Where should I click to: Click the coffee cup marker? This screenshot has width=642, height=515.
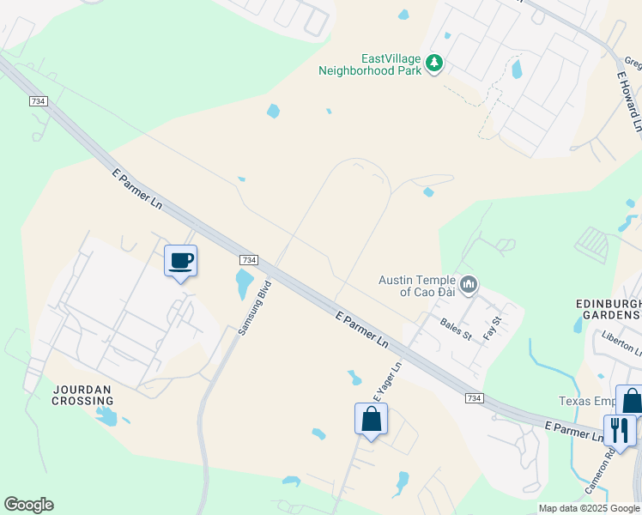pyautogui.click(x=180, y=261)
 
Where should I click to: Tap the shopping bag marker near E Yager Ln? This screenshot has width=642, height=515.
pyautogui.click(x=371, y=420)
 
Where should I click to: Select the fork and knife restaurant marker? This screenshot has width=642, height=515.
pyautogui.click(x=619, y=429)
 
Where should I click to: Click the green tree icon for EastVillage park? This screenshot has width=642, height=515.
pyautogui.click(x=435, y=63)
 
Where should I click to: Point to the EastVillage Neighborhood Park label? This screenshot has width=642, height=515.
pyautogui.click(x=370, y=64)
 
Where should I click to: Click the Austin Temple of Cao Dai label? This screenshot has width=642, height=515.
pyautogui.click(x=418, y=285)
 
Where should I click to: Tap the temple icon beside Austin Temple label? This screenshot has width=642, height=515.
pyautogui.click(x=468, y=284)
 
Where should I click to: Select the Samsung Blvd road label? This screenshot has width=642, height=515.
pyautogui.click(x=255, y=306)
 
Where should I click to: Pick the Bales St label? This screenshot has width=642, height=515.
pyautogui.click(x=457, y=327)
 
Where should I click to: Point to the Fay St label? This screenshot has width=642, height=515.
pyautogui.click(x=491, y=327)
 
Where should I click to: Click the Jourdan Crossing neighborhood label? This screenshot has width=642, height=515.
pyautogui.click(x=83, y=395)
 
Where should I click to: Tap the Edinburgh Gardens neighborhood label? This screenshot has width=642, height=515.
pyautogui.click(x=609, y=310)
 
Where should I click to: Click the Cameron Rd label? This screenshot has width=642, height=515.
pyautogui.click(x=601, y=476)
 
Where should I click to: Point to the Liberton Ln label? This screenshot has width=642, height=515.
pyautogui.click(x=621, y=342)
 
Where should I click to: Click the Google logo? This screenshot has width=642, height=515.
pyautogui.click(x=28, y=505)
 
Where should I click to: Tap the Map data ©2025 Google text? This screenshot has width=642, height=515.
pyautogui.click(x=589, y=508)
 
